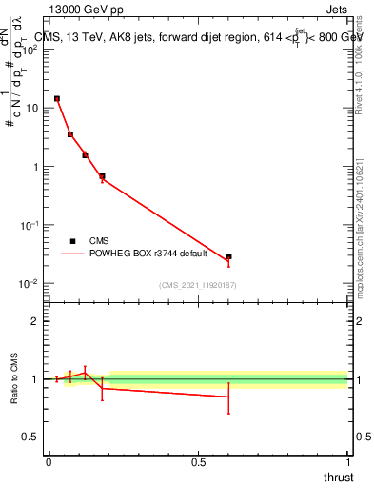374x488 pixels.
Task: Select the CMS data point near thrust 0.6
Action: tap(228, 256)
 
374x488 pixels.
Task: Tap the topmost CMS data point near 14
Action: tap(57, 98)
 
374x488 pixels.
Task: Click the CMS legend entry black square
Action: tap(72, 241)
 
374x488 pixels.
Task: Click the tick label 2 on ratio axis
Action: tap(35, 321)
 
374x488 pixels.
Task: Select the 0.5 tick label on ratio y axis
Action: tap(30, 437)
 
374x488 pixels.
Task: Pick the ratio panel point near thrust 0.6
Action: tap(228, 396)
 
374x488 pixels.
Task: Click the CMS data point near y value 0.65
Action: tap(102, 176)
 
